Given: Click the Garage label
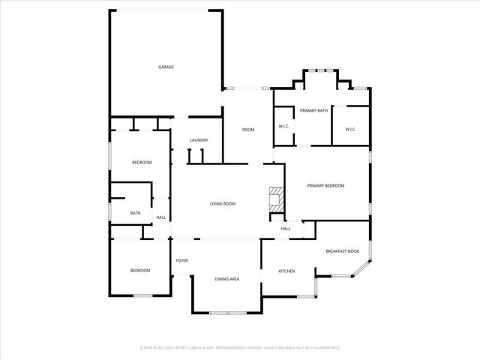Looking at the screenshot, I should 166,67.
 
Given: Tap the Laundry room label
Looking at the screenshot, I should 199,140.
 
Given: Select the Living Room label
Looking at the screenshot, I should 223,204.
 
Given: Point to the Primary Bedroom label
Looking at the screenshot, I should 326,185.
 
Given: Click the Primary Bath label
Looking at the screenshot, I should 314,111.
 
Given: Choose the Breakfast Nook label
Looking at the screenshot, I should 341,251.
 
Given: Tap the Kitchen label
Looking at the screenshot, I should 287,271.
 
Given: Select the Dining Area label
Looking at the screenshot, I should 227,279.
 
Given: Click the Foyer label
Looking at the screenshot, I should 181,261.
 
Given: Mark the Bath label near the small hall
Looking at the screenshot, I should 135,213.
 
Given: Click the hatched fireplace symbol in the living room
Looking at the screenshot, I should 276,197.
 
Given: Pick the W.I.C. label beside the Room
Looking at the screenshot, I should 284,126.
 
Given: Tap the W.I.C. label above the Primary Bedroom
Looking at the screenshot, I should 350,130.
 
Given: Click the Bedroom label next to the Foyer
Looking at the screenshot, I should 140,271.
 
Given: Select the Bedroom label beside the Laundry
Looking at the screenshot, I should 142,163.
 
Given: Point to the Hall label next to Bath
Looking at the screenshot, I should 160,218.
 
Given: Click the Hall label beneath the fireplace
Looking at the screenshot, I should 286,229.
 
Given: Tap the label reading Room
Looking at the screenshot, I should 247,130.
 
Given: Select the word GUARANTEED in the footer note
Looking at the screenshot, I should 325,348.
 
